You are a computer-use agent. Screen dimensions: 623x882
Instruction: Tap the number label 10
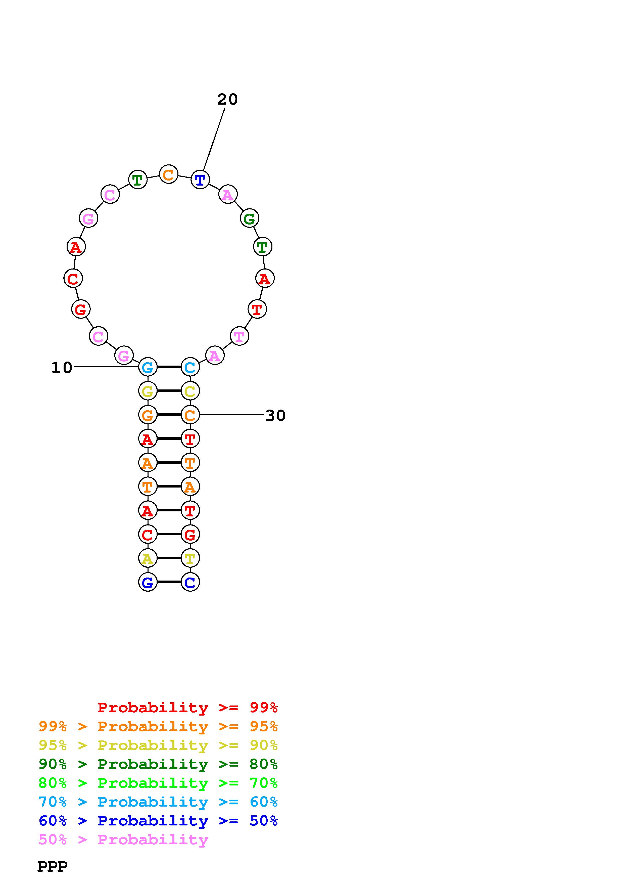(x=62, y=368)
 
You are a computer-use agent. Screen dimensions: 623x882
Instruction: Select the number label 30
(x=275, y=416)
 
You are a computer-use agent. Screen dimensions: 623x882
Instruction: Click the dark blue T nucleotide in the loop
(x=200, y=180)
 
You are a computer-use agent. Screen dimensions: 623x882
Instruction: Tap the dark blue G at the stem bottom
(x=148, y=582)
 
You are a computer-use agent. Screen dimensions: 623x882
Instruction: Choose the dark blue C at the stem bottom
(x=190, y=582)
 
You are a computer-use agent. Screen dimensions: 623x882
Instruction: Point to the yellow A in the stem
(x=148, y=558)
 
